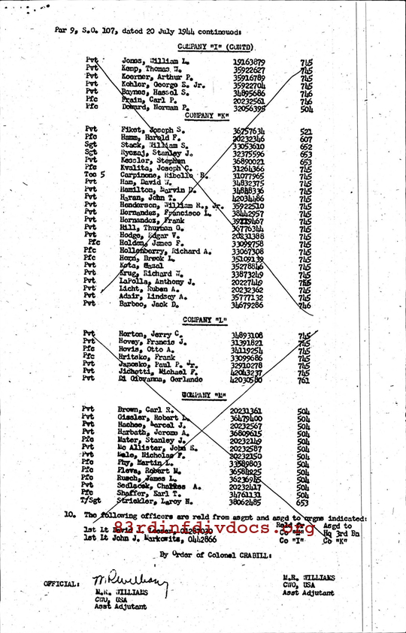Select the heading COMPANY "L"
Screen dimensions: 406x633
click(205, 320)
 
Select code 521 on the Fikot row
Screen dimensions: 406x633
click(305, 130)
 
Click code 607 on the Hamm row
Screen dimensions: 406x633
click(305, 138)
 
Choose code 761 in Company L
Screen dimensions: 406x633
click(304, 380)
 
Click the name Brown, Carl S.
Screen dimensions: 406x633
click(144, 411)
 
